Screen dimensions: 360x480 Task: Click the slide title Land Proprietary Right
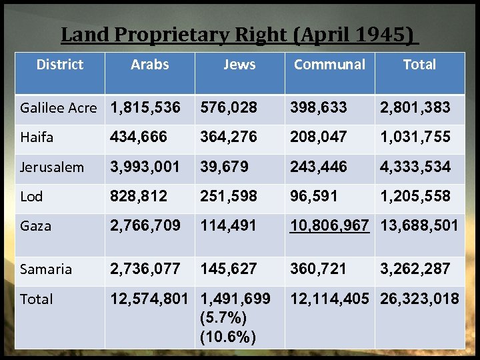[237, 34]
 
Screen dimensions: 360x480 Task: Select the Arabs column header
[150, 65]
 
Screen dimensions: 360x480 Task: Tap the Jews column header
[239, 65]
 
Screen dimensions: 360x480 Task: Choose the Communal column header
[329, 65]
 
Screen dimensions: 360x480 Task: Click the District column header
[60, 65]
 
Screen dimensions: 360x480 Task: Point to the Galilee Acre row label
[59, 107]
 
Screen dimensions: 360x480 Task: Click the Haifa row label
[37, 137]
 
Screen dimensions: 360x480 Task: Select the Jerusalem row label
[52, 167]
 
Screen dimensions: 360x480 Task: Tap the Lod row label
[32, 197]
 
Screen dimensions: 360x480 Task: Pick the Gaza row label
[36, 226]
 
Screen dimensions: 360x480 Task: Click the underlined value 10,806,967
[329, 225]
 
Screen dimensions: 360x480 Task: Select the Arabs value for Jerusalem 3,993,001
[145, 166]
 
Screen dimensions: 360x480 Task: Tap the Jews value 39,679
[225, 166]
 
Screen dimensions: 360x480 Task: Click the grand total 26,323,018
[419, 299]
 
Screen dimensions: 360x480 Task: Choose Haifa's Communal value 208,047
[319, 137]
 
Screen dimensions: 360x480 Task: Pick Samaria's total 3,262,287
[415, 269]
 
